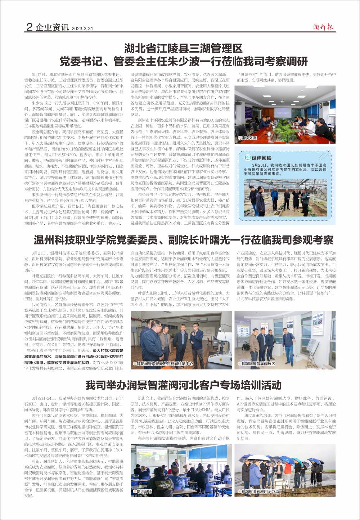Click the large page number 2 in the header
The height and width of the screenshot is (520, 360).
pos(30,27)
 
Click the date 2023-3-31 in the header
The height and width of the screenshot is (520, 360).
pos(82,28)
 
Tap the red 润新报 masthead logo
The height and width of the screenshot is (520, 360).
pos(323,27)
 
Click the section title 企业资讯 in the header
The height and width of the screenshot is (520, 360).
pos(52,27)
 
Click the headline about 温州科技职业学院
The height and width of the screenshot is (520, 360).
pos(183,240)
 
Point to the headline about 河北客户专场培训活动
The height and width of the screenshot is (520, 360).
pos(183,385)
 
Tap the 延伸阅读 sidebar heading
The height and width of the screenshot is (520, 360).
pos(261,158)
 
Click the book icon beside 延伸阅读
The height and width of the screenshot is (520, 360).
pos(247,158)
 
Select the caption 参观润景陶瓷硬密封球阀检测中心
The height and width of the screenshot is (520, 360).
pos(165,364)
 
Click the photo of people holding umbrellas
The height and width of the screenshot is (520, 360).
pos(285,468)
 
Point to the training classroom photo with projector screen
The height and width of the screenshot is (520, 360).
pos(181,468)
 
